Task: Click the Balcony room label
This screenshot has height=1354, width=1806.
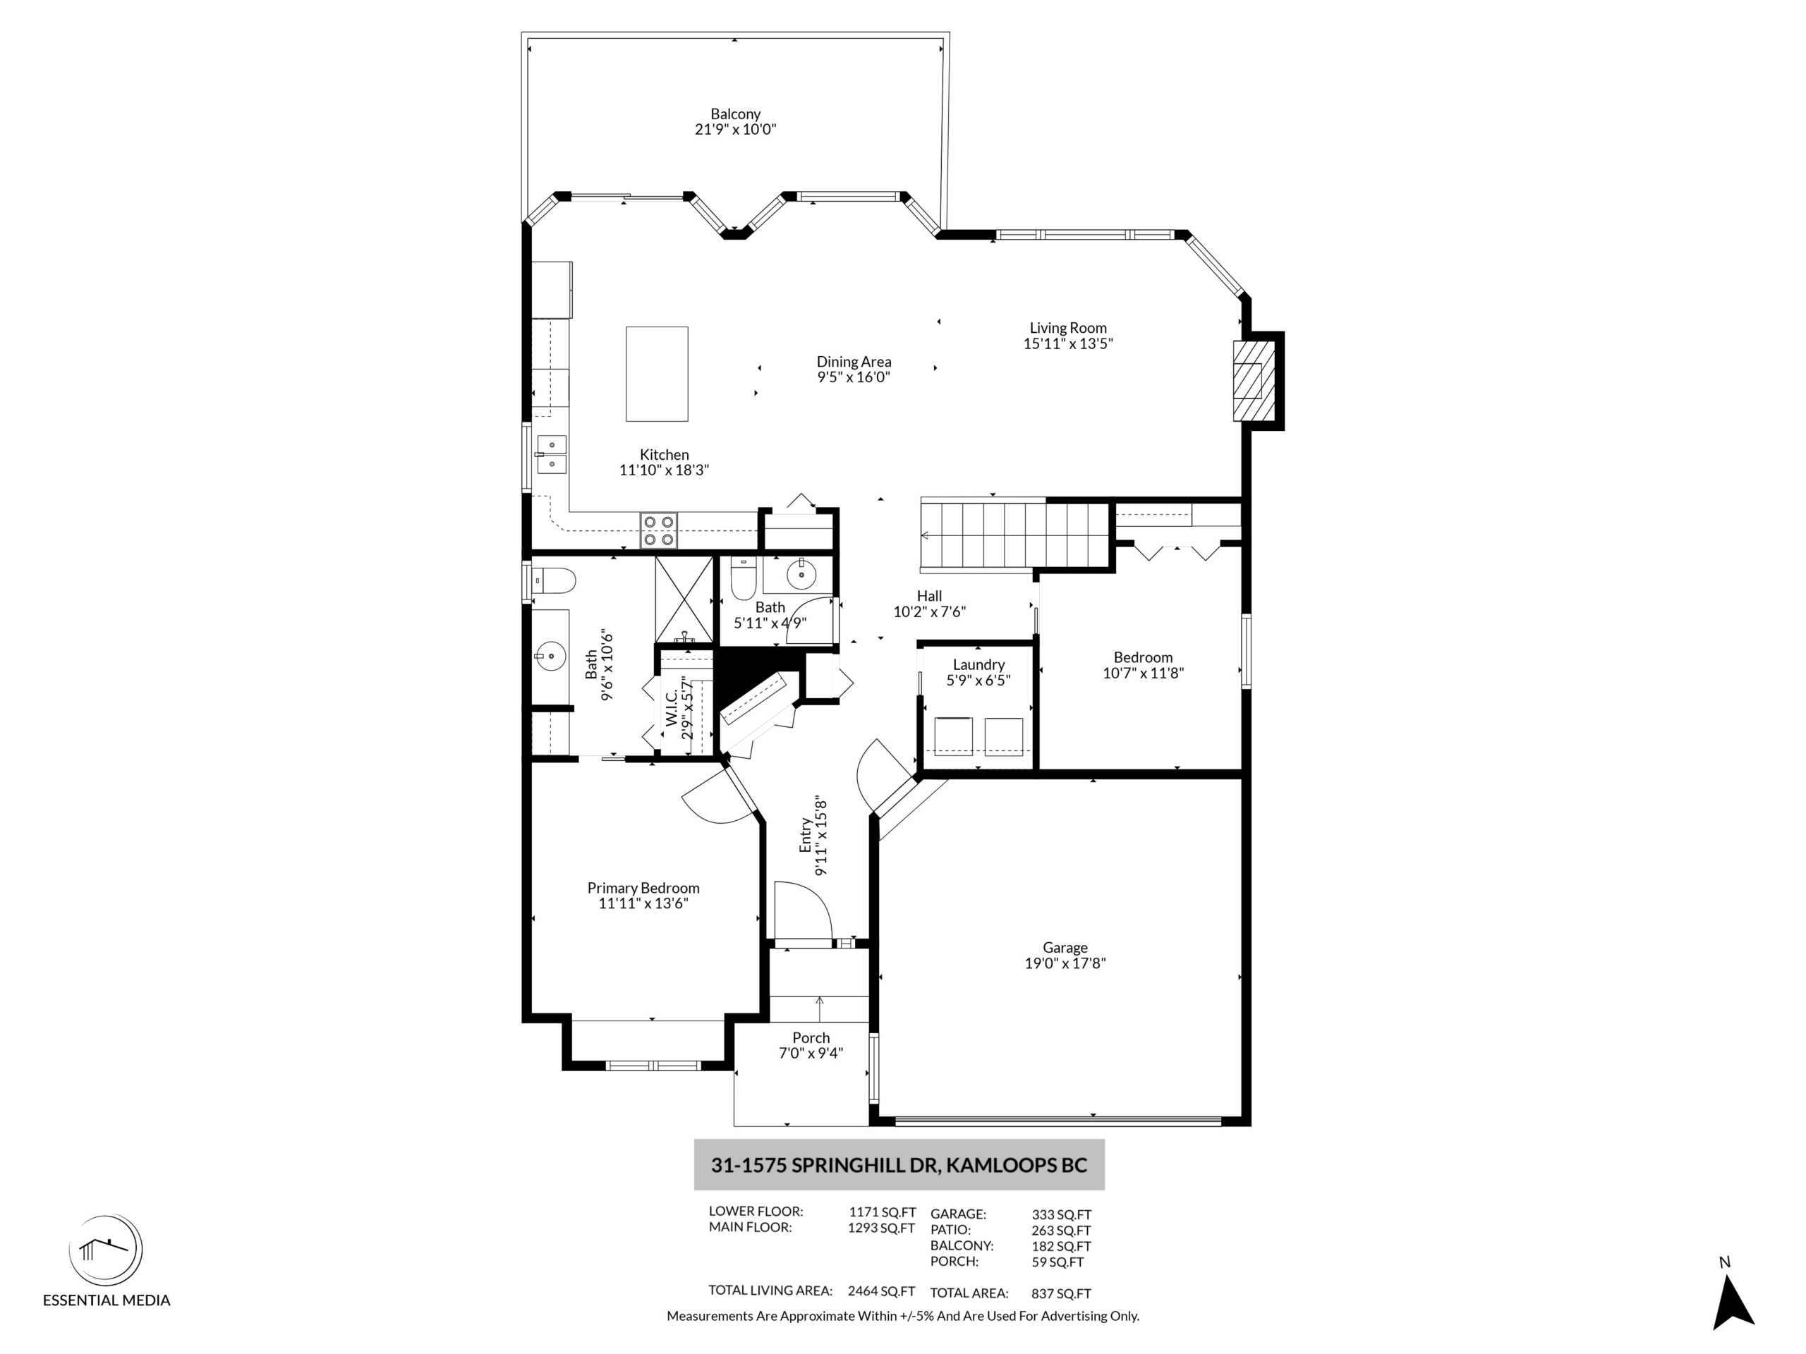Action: (735, 114)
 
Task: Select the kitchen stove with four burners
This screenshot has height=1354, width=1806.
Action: (658, 530)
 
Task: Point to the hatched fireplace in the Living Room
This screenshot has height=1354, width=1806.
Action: (1252, 380)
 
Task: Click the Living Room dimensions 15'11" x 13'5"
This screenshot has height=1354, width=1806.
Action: (1068, 343)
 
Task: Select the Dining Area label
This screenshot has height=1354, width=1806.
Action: (853, 362)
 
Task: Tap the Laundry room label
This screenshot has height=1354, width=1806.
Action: (978, 664)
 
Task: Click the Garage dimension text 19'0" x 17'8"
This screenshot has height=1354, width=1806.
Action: (1065, 963)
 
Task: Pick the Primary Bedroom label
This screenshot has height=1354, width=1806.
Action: (643, 888)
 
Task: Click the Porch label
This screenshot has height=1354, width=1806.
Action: (811, 1038)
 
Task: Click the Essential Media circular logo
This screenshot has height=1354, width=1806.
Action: (105, 1250)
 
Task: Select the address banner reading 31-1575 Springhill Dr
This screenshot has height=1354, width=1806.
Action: (899, 1165)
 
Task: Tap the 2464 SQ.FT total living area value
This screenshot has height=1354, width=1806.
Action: (881, 1291)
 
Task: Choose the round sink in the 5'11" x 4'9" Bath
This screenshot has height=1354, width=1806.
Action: (801, 575)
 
